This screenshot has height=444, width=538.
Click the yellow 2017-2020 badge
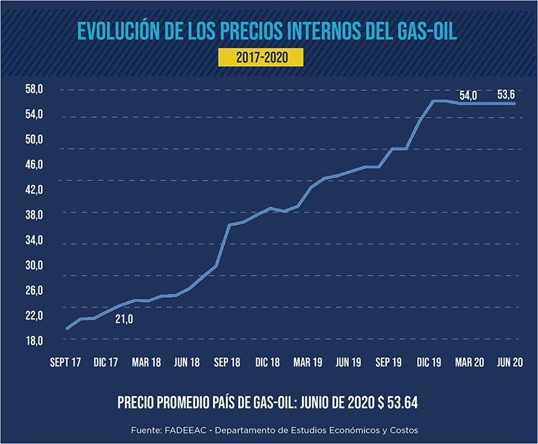click(x=262, y=58)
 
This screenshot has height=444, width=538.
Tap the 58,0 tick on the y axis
click(x=34, y=89)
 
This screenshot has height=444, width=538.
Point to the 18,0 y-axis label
click(x=34, y=341)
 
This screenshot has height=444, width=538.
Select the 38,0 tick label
click(x=34, y=215)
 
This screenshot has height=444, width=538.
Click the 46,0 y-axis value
click(x=34, y=165)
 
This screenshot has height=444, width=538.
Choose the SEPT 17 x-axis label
click(x=65, y=363)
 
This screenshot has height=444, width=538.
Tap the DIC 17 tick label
click(x=106, y=363)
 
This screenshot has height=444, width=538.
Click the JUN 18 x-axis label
click(x=187, y=363)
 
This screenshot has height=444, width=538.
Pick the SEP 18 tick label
click(x=227, y=363)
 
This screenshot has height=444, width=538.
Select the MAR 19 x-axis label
click(x=308, y=363)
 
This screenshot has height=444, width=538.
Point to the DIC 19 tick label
click(x=429, y=363)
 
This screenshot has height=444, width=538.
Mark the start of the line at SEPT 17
click(x=67, y=328)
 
